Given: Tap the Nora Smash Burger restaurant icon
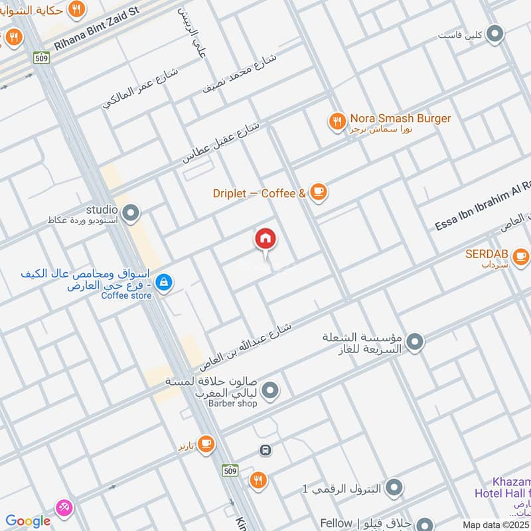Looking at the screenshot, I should [x=337, y=121].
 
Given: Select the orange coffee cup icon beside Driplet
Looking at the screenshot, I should [x=319, y=193].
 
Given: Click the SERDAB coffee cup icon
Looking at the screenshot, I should [x=521, y=256].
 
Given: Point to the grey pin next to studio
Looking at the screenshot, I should [x=131, y=213].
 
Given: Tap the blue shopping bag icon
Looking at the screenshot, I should [x=165, y=283].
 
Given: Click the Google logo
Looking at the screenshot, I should [x=28, y=522].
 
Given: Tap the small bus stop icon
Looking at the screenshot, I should [x=265, y=451].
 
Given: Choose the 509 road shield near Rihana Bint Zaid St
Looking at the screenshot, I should [x=41, y=56].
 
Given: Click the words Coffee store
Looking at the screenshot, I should [x=126, y=295].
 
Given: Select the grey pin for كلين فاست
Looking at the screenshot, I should [x=494, y=34].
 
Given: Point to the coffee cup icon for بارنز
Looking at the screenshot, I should [x=206, y=443].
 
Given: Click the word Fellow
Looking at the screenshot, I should [x=336, y=524].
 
